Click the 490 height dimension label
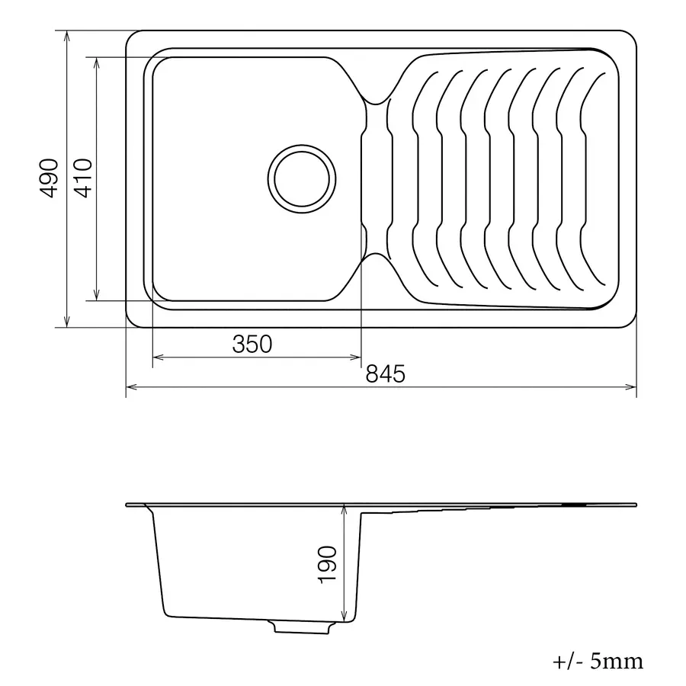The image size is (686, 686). [x=49, y=178]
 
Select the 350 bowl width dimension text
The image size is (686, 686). [x=252, y=345]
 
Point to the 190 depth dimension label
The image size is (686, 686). [x=326, y=565]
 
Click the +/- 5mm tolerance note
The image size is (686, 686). [x=598, y=660]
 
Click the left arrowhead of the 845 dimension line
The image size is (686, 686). [x=130, y=387]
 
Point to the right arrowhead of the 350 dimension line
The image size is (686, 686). [x=356, y=357]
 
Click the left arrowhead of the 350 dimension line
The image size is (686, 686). [x=158, y=357]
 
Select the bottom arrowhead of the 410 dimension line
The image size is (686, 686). [x=97, y=295]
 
